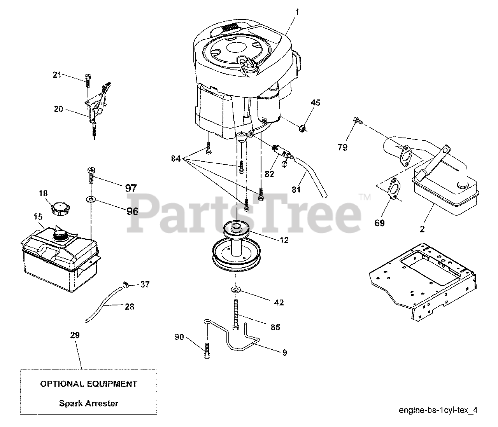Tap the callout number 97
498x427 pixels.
tap(131, 188)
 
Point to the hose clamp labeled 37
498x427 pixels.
tap(125, 285)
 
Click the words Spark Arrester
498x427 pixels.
tap(89, 403)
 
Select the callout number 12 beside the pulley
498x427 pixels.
tap(284, 241)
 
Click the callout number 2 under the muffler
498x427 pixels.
tap(422, 229)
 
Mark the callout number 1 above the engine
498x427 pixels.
tap(297, 12)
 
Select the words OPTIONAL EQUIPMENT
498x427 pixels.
tap(89, 384)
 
